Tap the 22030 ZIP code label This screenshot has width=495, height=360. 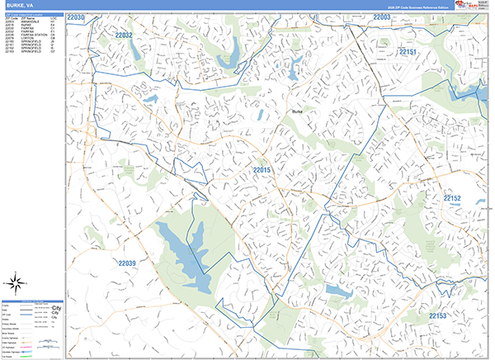[76, 17]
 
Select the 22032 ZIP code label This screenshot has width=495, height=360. [124, 36]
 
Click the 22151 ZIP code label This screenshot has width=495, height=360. [409, 53]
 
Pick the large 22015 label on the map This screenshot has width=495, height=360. [262, 170]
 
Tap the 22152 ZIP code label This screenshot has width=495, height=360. [452, 199]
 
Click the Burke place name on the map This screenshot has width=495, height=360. [297, 111]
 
